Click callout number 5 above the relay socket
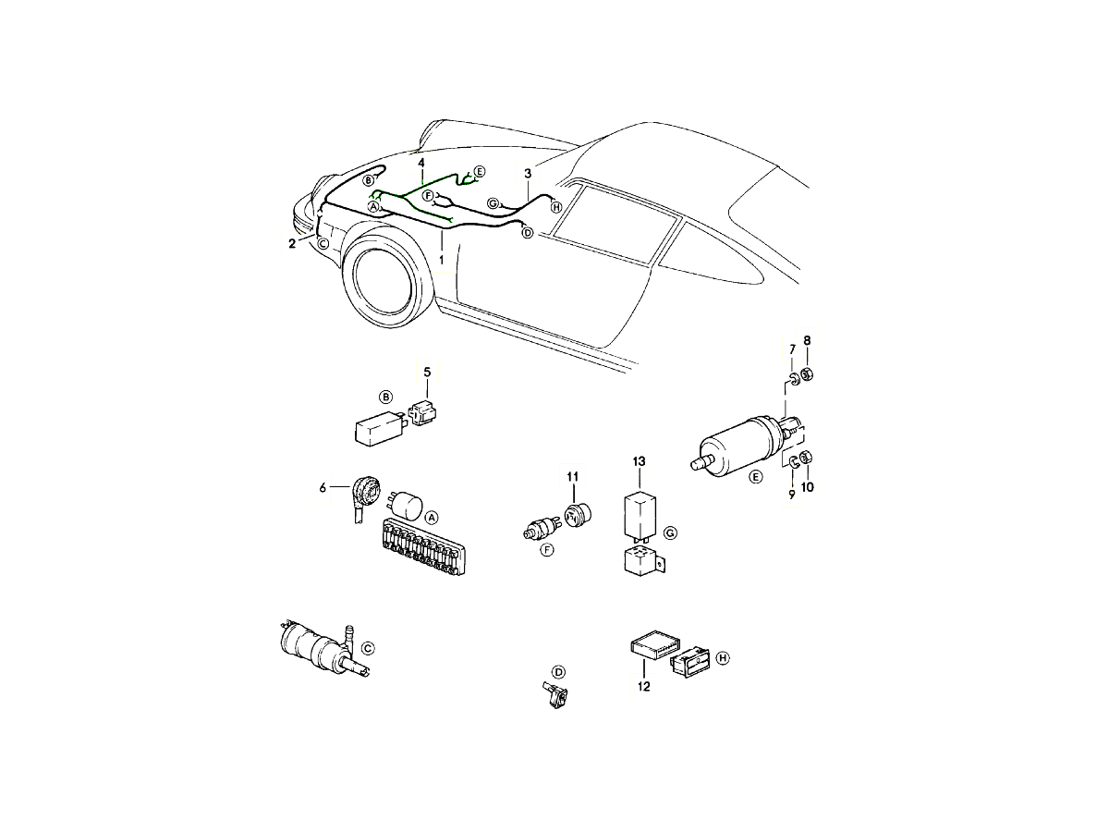click(427, 373)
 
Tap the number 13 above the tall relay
click(640, 461)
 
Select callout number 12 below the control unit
click(643, 687)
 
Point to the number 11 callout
click(572, 476)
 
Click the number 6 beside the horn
click(323, 488)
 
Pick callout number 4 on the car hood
click(421, 163)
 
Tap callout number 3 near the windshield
click(528, 173)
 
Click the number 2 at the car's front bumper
click(292, 243)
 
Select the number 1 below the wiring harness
click(442, 260)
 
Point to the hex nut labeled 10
click(807, 457)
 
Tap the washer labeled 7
click(793, 378)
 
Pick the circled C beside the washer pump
click(369, 648)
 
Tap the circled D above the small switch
click(558, 672)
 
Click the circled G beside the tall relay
click(670, 533)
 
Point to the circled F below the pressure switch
click(547, 550)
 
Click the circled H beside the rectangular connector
click(723, 657)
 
